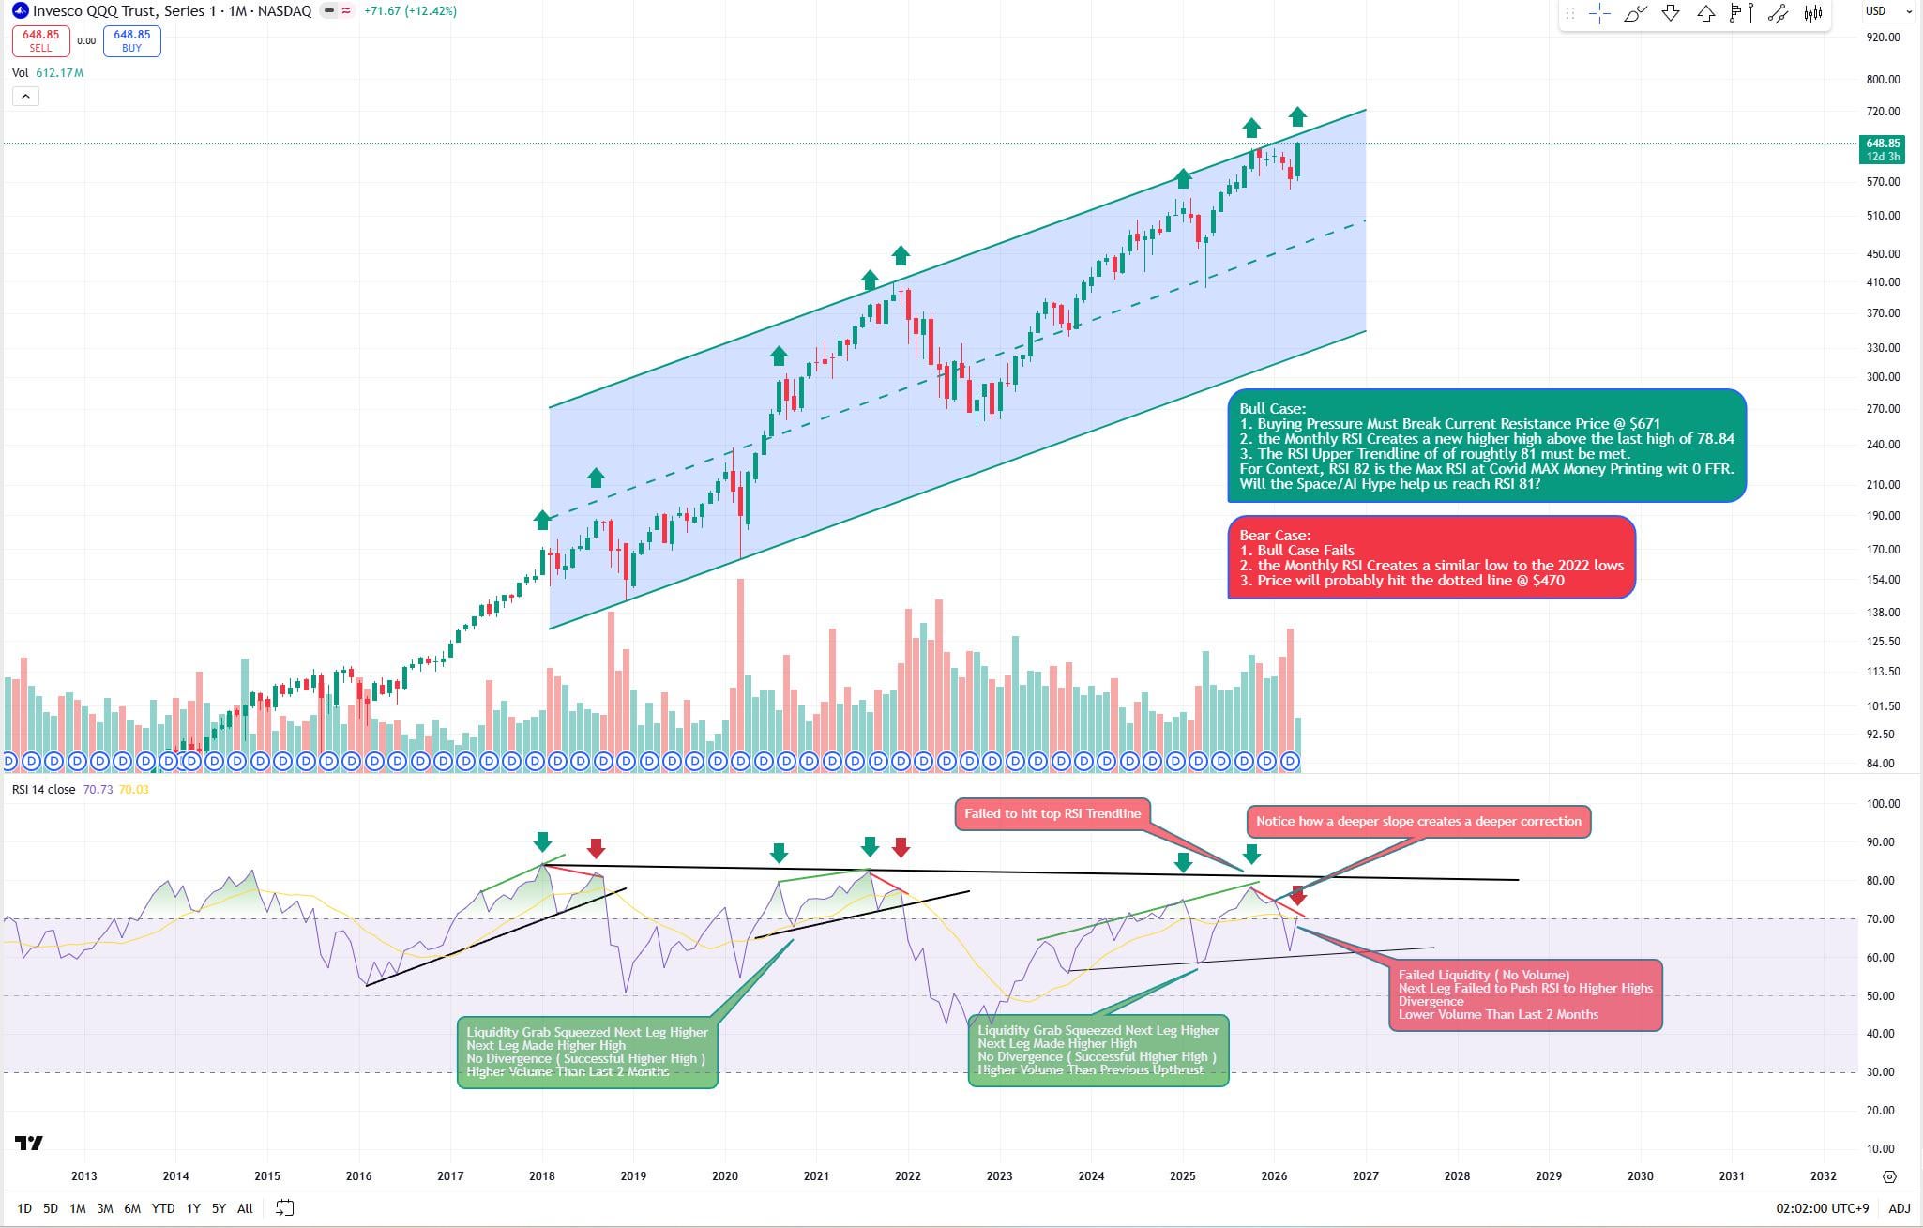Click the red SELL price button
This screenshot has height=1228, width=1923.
click(x=40, y=40)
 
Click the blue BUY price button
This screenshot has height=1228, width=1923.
click(x=131, y=40)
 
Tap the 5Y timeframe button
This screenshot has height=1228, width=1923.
click(x=219, y=1208)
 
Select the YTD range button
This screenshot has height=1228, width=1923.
click(x=163, y=1208)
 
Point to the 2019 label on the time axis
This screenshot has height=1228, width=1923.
click(x=633, y=1176)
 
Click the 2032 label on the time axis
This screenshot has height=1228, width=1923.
click(x=1823, y=1176)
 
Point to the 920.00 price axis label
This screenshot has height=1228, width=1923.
click(x=1884, y=38)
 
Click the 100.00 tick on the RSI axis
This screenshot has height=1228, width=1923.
click(x=1884, y=804)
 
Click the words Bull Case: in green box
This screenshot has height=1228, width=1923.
click(x=1272, y=409)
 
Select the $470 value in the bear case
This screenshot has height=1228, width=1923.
click(x=1548, y=581)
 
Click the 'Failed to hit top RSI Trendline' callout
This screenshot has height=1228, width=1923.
click(x=1052, y=813)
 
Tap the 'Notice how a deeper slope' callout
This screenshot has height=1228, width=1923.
click(x=1417, y=821)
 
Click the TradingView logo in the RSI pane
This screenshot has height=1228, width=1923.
click(x=29, y=1143)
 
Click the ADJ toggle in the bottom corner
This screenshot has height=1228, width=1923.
click(x=1899, y=1208)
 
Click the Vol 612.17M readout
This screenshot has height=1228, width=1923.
click(x=48, y=72)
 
